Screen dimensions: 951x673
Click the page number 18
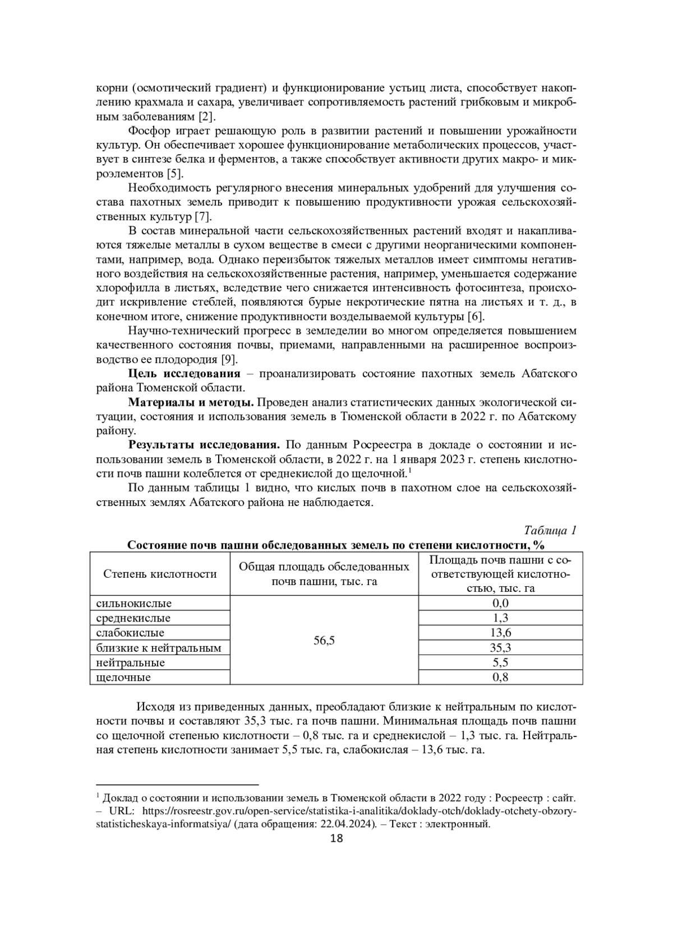(336, 838)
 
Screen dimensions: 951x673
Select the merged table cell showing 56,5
(324, 641)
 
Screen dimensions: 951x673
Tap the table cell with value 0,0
(500, 603)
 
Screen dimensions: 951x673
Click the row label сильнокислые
(134, 604)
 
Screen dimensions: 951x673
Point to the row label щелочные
(123, 678)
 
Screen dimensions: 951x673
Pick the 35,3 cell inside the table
(500, 648)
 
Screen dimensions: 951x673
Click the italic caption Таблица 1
(550, 530)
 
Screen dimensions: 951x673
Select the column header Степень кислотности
(160, 574)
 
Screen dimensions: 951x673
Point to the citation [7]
(202, 217)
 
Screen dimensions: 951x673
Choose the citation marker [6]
(476, 317)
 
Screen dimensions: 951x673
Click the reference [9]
(229, 359)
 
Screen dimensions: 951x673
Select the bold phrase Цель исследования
(185, 374)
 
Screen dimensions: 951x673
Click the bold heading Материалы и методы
(191, 402)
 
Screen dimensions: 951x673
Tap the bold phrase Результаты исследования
(204, 445)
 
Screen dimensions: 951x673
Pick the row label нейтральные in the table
(131, 663)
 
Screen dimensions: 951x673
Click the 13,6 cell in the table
(500, 633)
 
